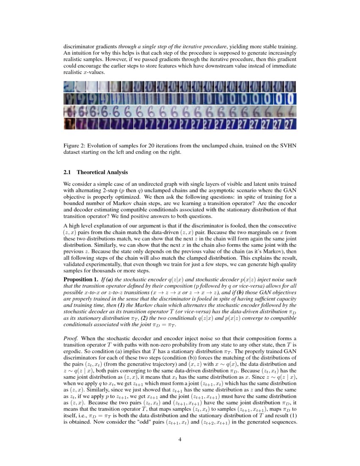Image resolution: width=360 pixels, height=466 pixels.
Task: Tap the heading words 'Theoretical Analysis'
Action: click(102, 172)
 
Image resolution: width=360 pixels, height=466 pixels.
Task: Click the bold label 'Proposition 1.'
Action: click(78, 280)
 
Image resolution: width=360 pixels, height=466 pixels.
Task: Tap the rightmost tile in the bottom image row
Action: click(290, 124)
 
